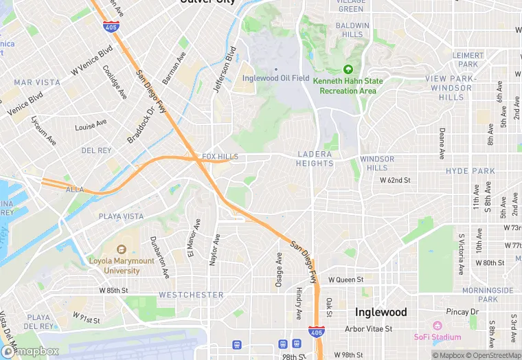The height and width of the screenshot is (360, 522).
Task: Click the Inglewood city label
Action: (x=381, y=312)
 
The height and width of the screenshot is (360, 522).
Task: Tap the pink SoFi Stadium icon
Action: (x=437, y=325)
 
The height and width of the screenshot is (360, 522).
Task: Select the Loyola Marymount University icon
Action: (x=122, y=249)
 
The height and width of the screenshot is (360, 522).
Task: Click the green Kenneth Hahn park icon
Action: (x=348, y=69)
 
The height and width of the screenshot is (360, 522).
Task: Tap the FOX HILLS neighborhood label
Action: (x=220, y=157)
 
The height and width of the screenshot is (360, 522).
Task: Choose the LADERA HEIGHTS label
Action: (x=315, y=159)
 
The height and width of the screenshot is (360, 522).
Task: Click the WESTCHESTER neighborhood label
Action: (x=191, y=295)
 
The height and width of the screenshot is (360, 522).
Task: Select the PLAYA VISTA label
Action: (x=122, y=216)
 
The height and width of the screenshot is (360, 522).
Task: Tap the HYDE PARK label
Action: (x=470, y=170)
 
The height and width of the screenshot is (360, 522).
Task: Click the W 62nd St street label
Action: (x=395, y=180)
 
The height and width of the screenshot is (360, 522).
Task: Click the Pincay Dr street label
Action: (x=461, y=312)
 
